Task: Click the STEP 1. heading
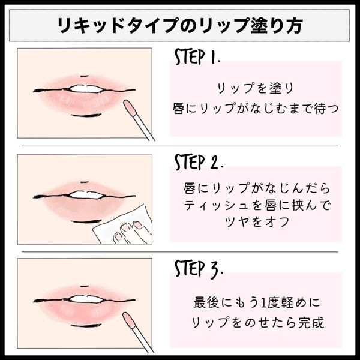197,56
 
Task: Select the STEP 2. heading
199,162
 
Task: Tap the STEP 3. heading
199,269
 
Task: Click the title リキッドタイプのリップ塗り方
180,25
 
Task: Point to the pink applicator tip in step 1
130,107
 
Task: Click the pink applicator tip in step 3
129,320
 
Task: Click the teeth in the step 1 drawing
86,89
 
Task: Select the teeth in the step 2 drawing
86,195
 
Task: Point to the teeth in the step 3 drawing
85,299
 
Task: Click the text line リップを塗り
256,88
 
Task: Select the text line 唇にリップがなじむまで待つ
256,109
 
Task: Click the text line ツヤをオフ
257,222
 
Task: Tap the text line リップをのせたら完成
258,322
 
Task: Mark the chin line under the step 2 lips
86,221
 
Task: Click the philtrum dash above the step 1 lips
85,76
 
